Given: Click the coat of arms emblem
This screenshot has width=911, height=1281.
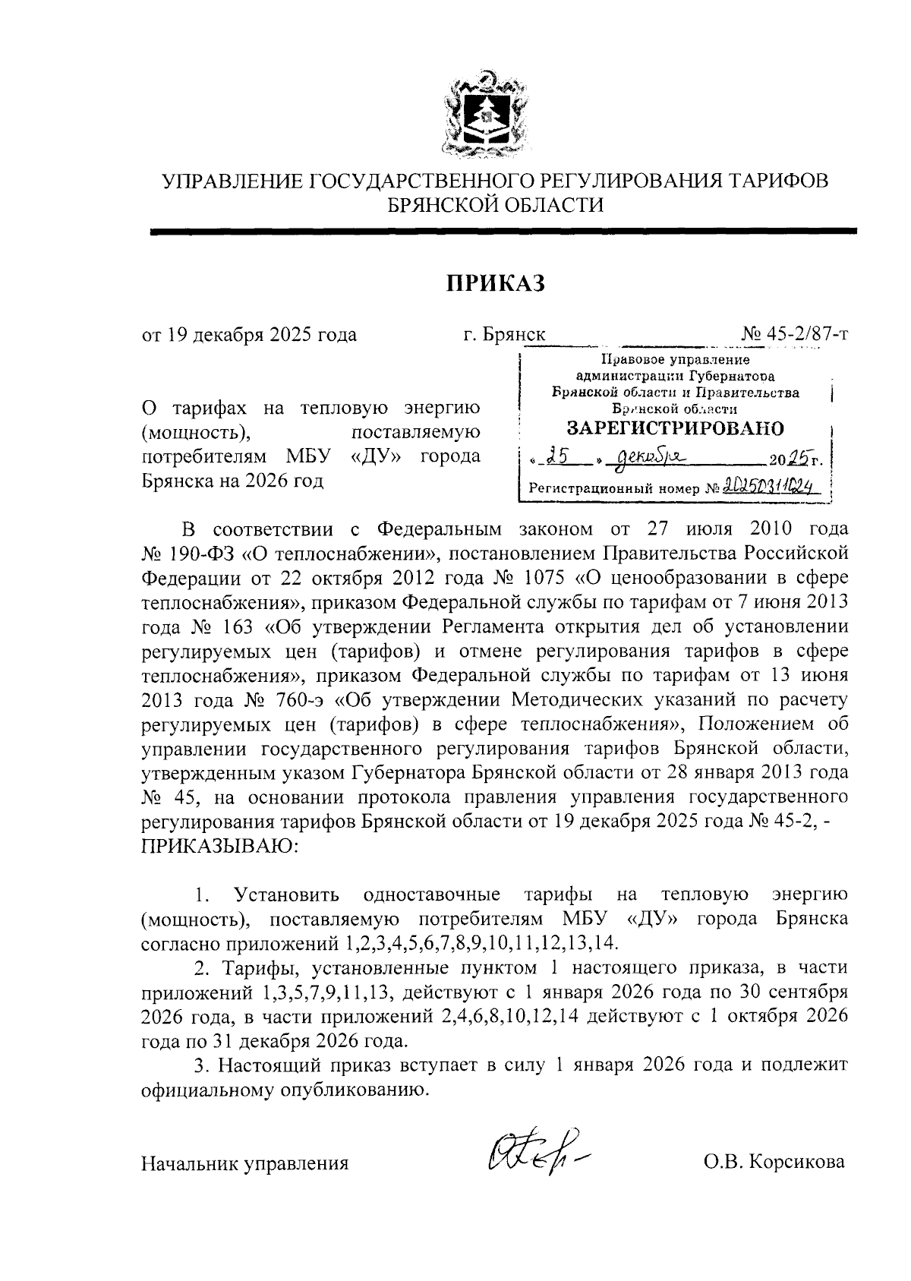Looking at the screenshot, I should point(484,115).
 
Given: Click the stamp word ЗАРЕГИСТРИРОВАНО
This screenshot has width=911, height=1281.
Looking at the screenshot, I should point(676,428).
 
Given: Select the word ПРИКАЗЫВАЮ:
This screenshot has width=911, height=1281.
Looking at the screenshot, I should point(221,845).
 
